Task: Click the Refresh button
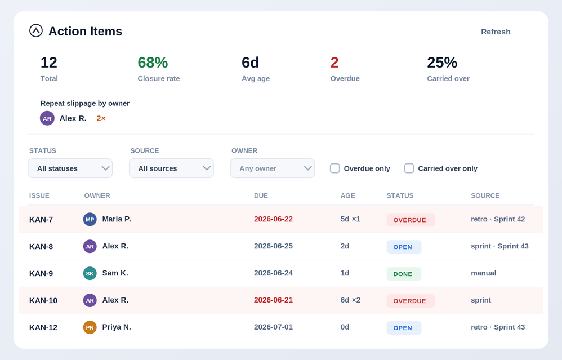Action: tap(496, 32)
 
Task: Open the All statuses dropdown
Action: tap(70, 168)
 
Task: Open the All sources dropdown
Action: tap(171, 168)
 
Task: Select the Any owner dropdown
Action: tap(273, 168)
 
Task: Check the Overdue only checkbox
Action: tap(334, 168)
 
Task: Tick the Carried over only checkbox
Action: tap(409, 168)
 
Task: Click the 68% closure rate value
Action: tap(153, 63)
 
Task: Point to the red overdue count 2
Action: tap(334, 63)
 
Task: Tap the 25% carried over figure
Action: tap(442, 63)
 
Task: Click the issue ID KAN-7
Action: tap(41, 220)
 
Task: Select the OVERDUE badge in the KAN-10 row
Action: tap(411, 301)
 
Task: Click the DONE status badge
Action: tap(404, 274)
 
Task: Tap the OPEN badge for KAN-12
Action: tap(404, 328)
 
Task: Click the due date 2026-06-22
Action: tap(273, 219)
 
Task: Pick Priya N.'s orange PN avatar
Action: tap(90, 327)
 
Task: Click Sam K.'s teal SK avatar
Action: tap(90, 273)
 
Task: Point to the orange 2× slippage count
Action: tap(101, 118)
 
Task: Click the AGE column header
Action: tap(347, 195)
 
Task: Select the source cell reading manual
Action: tap(483, 273)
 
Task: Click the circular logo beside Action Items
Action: tap(36, 30)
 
